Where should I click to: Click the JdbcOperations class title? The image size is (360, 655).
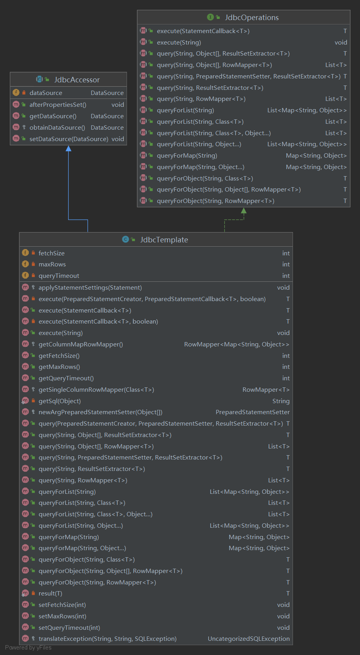pos(252,17)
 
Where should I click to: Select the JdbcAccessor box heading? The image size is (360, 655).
pos(77,80)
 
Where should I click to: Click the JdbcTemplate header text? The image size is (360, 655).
pos(164,240)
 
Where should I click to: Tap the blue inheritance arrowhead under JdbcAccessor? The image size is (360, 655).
pos(69,149)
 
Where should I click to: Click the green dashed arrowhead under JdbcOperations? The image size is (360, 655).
pos(244,211)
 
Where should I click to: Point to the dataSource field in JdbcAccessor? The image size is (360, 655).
pos(46,93)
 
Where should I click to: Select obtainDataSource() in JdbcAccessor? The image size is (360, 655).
pos(57,127)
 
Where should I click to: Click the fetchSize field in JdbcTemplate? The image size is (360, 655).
pos(51,253)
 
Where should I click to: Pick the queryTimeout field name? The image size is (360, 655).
pos(59,275)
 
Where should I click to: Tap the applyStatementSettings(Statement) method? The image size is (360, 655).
pos(90,287)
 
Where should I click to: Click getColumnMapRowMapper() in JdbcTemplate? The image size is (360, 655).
pos(80,344)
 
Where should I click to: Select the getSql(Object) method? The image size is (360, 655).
pos(60,401)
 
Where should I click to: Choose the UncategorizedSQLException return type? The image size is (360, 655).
pos(248,638)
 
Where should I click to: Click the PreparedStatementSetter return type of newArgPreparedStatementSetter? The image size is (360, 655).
pos(252,412)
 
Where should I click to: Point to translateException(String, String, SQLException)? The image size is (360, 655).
pos(107,638)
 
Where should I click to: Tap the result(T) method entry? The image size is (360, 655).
pos(50,593)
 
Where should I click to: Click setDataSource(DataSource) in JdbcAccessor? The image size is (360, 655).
pos(69,139)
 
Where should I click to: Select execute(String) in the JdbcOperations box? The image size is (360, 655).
pos(179,42)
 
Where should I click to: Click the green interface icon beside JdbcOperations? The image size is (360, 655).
pos(210,17)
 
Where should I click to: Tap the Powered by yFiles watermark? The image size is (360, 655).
pos(28,648)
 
